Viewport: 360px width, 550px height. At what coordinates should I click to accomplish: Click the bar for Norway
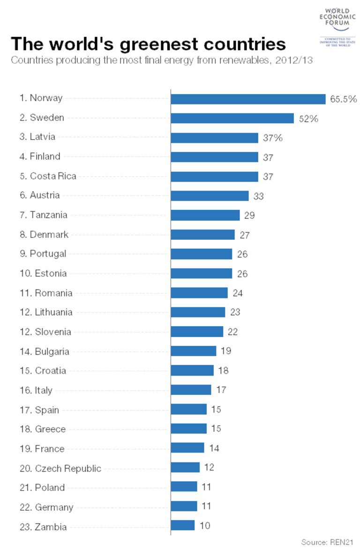click(x=248, y=99)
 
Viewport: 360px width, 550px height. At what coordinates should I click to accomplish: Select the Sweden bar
click(x=232, y=118)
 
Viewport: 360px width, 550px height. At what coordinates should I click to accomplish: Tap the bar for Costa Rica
click(x=214, y=177)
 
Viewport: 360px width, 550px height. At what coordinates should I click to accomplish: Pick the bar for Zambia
click(x=182, y=525)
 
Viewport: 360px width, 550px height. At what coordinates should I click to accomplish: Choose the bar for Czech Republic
click(x=185, y=468)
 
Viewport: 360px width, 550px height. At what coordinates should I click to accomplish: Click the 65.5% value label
click(x=344, y=99)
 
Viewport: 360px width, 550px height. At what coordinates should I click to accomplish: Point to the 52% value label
click(x=308, y=119)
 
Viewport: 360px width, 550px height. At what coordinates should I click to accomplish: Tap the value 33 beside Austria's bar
click(x=258, y=196)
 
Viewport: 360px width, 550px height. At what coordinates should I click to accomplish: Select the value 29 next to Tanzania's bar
click(x=249, y=216)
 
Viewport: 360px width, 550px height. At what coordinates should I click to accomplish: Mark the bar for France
click(x=187, y=448)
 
